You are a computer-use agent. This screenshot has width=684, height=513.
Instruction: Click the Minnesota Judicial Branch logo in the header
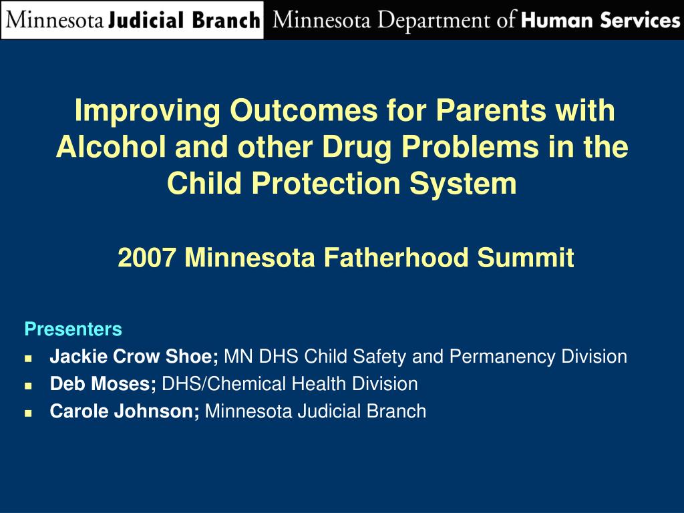(x=132, y=20)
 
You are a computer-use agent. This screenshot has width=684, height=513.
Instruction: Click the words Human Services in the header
(x=600, y=20)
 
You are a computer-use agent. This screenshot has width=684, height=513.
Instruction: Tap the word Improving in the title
(x=147, y=111)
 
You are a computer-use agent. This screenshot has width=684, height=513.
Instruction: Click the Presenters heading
(x=73, y=329)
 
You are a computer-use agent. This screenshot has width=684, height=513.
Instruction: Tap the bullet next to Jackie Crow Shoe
(x=28, y=358)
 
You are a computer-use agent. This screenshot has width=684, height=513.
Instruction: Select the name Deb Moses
(x=102, y=384)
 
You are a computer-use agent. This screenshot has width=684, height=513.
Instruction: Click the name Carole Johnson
(x=123, y=411)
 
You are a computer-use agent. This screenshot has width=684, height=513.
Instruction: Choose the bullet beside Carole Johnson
(x=28, y=413)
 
